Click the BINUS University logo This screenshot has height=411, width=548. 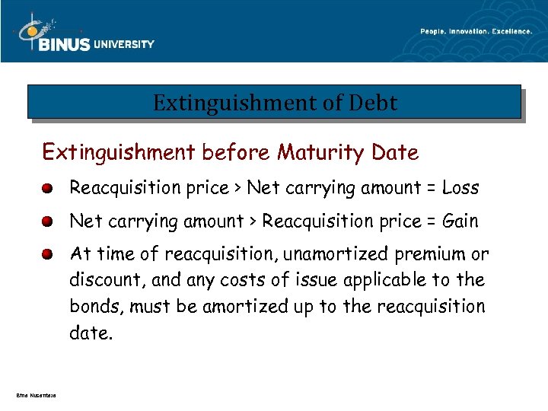tap(84, 34)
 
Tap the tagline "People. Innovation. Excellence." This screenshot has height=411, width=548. tap(476, 31)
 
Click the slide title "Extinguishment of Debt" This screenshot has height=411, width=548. tap(275, 103)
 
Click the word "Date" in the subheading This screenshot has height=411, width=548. tap(395, 153)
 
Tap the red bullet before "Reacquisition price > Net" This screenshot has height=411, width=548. tap(47, 188)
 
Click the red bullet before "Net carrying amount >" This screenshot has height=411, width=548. tap(47, 222)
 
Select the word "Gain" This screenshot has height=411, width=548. tap(460, 221)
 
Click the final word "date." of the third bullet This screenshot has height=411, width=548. tap(91, 333)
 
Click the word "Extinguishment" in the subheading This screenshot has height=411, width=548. tap(119, 153)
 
